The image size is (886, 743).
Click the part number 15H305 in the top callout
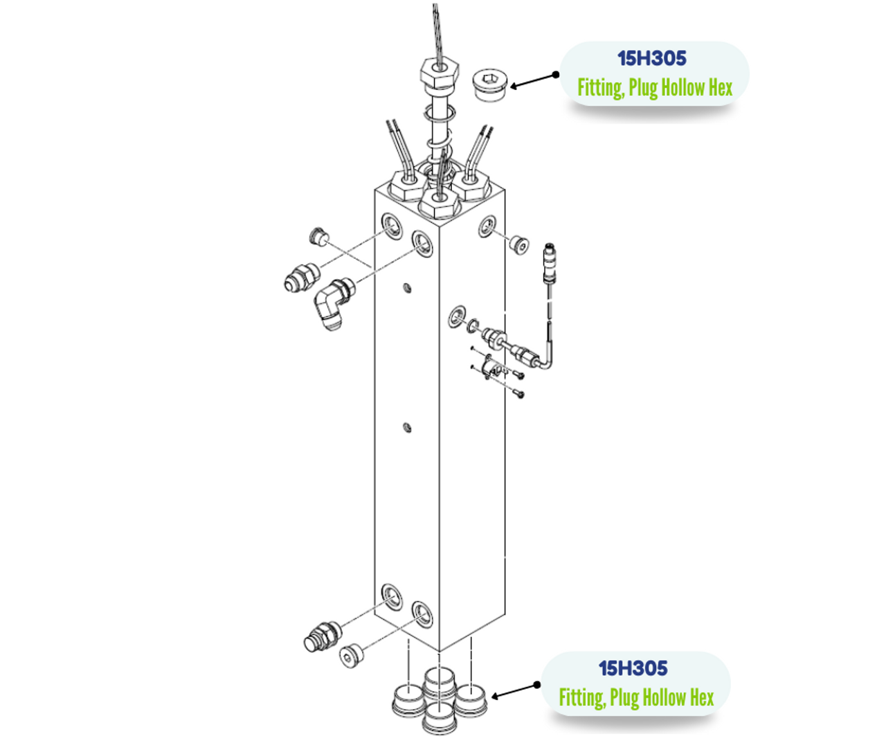point(651,59)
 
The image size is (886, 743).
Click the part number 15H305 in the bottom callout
point(633,668)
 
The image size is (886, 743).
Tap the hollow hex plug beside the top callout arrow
point(490,85)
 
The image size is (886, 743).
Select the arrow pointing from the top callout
point(534,81)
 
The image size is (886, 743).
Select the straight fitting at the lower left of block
point(323,636)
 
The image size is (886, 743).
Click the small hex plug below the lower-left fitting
point(351,655)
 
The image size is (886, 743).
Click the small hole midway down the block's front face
point(407,428)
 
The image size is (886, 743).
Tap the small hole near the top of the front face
point(407,287)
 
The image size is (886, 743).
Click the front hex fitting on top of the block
point(437,202)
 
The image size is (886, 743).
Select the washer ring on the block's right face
point(456,316)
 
